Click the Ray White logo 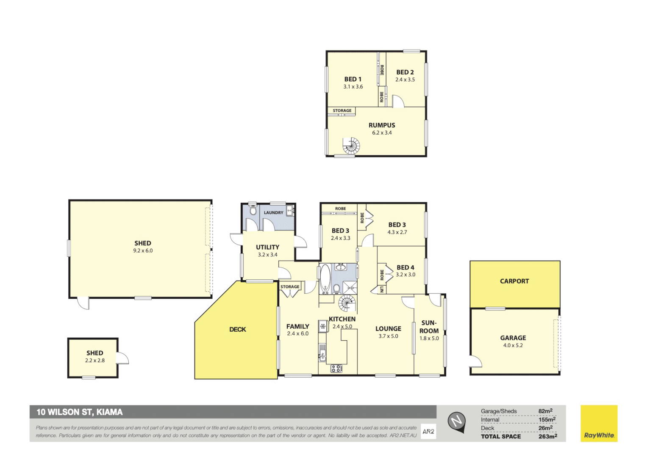[599, 424]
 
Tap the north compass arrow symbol [457, 421]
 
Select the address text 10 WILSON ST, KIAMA [80, 412]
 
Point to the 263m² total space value [547, 436]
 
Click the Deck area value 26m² [545, 428]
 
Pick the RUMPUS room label [382, 125]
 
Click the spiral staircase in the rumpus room [351, 146]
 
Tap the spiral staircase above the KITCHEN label [347, 303]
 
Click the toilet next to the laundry [253, 210]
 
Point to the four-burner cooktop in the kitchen [336, 368]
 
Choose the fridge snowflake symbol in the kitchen [323, 326]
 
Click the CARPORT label [514, 281]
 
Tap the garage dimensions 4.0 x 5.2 [513, 345]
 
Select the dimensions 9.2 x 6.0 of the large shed [143, 251]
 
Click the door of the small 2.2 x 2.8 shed [122, 358]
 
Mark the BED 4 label [405, 267]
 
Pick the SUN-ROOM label [429, 327]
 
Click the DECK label [237, 329]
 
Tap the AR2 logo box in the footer [428, 432]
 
